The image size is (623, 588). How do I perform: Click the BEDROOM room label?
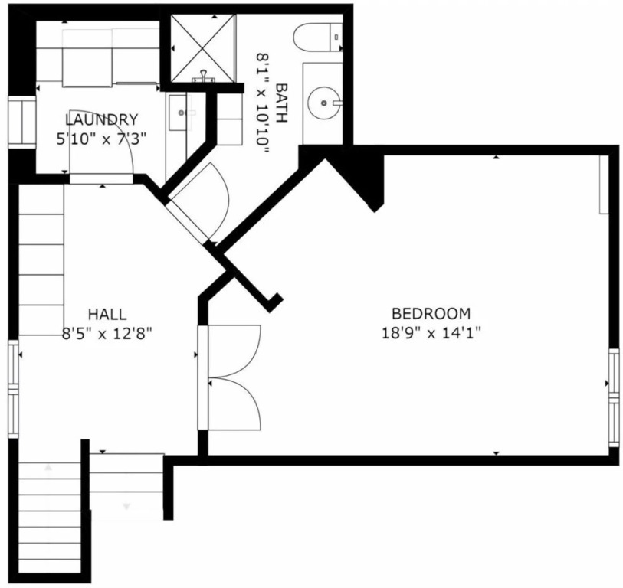[431, 314]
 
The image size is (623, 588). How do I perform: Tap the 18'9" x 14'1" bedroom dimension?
[431, 333]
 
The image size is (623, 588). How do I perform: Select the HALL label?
[107, 315]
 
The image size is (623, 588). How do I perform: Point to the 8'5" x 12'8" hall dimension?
[107, 333]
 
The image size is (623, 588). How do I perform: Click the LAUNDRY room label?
[102, 119]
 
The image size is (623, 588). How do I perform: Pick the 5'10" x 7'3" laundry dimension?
[102, 139]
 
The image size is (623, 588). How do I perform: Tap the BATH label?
[281, 103]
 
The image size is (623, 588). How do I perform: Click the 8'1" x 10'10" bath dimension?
[263, 103]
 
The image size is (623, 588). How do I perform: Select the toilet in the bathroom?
[318, 37]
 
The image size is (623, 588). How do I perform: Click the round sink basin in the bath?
[324, 103]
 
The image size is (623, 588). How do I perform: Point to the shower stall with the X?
[202, 48]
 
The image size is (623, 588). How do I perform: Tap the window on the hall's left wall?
[14, 389]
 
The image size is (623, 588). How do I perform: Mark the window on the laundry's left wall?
[22, 122]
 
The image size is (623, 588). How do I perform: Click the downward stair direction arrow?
[126, 506]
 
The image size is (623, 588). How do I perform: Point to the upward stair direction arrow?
[48, 467]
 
